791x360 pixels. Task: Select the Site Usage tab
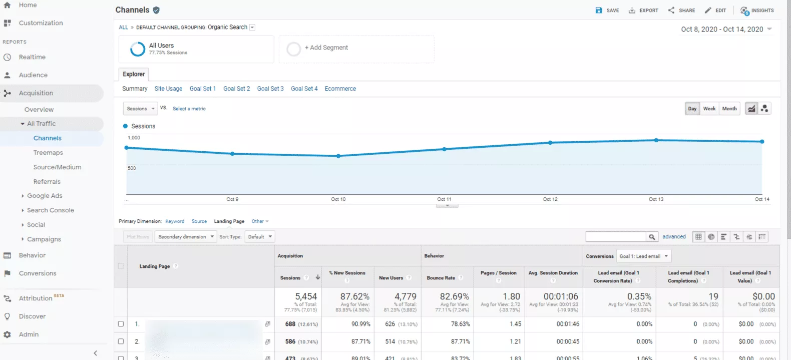[x=168, y=89]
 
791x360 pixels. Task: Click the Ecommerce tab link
[x=340, y=89]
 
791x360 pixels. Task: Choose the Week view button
[x=709, y=109]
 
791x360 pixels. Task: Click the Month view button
[x=729, y=109]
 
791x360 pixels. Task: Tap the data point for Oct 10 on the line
[x=338, y=156]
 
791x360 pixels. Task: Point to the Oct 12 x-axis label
[x=550, y=199]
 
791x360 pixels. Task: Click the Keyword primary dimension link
[x=175, y=221]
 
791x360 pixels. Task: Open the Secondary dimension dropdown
[x=186, y=237]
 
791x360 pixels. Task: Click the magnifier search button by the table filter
[x=652, y=237]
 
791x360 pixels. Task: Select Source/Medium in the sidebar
[x=57, y=167]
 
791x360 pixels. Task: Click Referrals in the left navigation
[x=47, y=182]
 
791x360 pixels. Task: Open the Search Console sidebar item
[x=50, y=210]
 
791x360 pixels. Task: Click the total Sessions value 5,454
[x=306, y=296]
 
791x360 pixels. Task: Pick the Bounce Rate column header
[x=441, y=278]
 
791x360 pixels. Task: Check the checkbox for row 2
[x=121, y=341]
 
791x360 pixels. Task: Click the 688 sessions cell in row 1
[x=290, y=324]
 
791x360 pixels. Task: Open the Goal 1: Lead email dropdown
[x=643, y=256]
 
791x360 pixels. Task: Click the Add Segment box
[x=356, y=49]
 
